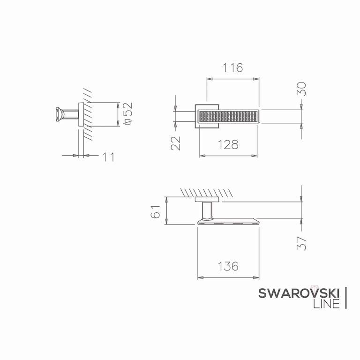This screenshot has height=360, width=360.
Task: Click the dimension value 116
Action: (x=232, y=67)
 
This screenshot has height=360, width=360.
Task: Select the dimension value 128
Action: (x=228, y=145)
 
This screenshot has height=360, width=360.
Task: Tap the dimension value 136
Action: (x=228, y=266)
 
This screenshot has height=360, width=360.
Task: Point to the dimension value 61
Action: (x=156, y=212)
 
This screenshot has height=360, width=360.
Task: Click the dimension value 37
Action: (x=301, y=243)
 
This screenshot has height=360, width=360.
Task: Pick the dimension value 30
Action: (x=301, y=89)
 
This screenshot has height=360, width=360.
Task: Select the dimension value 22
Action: (x=176, y=143)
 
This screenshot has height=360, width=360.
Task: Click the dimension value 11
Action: (x=108, y=157)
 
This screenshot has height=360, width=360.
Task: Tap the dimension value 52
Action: (x=128, y=109)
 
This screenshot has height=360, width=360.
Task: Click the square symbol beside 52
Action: (x=127, y=121)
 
